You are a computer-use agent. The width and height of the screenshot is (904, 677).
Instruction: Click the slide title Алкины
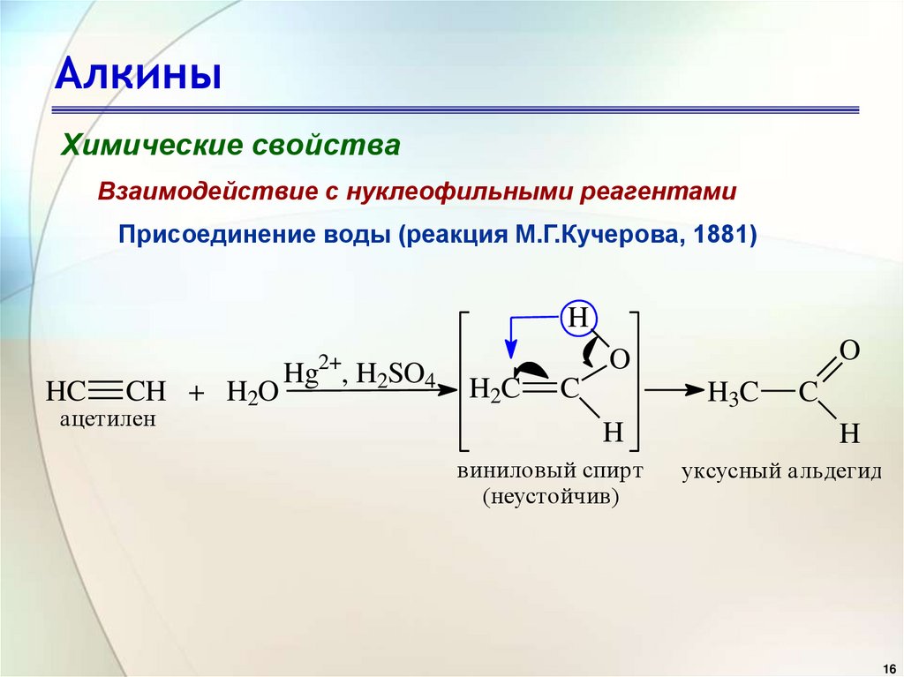pos(139,76)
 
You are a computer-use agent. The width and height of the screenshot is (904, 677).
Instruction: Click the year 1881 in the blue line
pos(722,237)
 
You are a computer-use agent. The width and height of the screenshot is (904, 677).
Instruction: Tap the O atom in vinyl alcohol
pos(620,360)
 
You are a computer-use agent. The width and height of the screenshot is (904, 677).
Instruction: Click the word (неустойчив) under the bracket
pos(550,498)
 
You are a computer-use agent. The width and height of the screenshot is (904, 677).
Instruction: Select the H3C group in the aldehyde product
pos(732,394)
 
